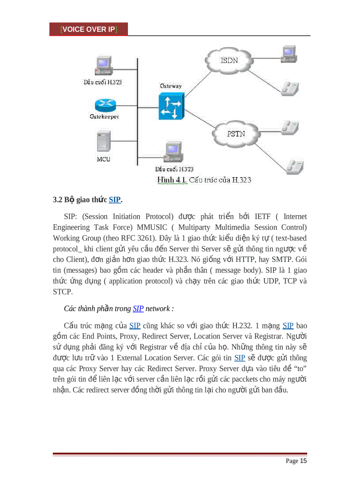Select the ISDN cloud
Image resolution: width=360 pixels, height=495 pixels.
(229, 60)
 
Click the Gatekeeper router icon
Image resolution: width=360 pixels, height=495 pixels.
(105, 104)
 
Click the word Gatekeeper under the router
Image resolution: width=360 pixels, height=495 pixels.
(104, 117)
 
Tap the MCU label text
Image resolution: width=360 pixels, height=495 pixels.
(104, 159)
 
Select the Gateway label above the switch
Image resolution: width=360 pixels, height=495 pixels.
(170, 86)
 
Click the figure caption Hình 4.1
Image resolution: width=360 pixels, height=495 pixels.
(172, 180)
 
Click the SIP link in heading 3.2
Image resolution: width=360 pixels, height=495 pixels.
(114, 200)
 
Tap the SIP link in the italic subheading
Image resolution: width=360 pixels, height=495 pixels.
(138, 309)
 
